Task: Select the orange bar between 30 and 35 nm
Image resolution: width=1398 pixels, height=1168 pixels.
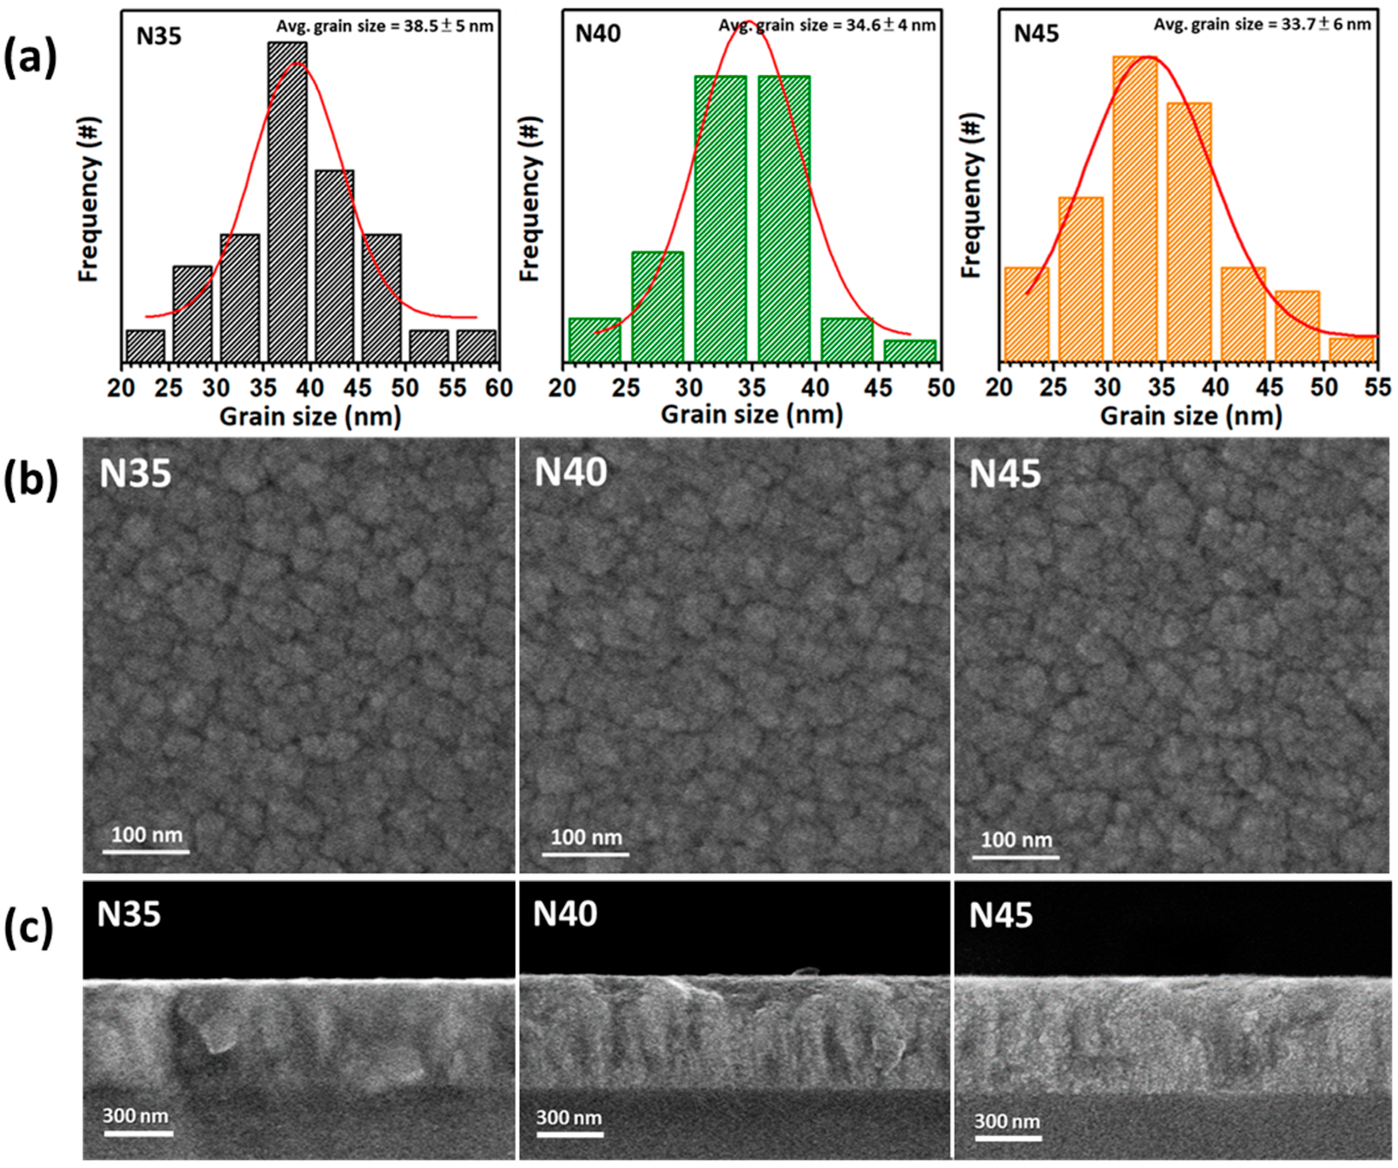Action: click(x=1135, y=210)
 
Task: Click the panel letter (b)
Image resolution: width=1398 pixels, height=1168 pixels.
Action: click(x=30, y=480)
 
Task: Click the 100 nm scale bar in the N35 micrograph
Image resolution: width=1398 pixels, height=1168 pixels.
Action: click(x=146, y=851)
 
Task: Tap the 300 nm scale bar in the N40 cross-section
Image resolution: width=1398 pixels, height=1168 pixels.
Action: click(x=569, y=1134)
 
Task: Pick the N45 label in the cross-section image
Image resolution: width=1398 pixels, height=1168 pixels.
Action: click(x=1001, y=915)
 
